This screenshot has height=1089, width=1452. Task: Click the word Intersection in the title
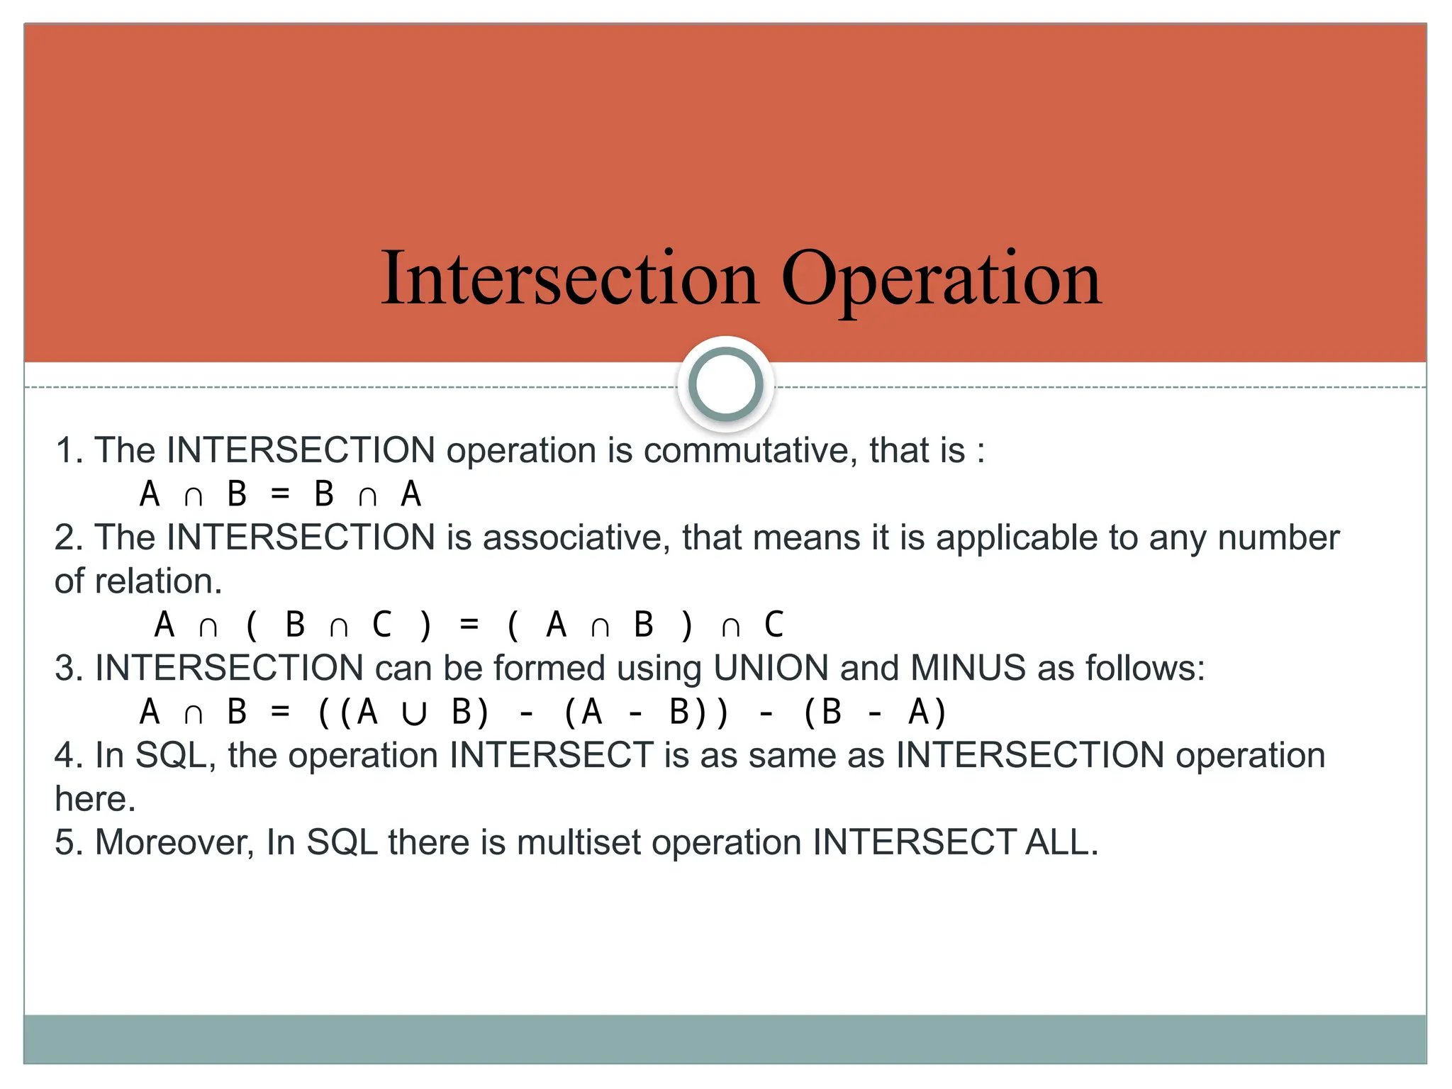[570, 278]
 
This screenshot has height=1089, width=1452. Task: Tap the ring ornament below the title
[725, 384]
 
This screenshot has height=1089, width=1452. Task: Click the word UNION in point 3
[771, 668]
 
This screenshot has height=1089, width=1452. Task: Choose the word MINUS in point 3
[968, 668]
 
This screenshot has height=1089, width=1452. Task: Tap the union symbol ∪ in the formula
[413, 713]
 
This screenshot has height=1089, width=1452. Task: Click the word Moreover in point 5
[174, 842]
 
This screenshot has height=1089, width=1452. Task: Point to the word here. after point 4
[95, 799]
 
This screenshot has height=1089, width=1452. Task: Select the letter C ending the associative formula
[774, 625]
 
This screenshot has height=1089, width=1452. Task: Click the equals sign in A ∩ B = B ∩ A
[281, 494]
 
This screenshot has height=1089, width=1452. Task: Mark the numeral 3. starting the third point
[69, 668]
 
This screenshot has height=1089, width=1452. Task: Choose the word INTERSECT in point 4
[552, 755]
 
